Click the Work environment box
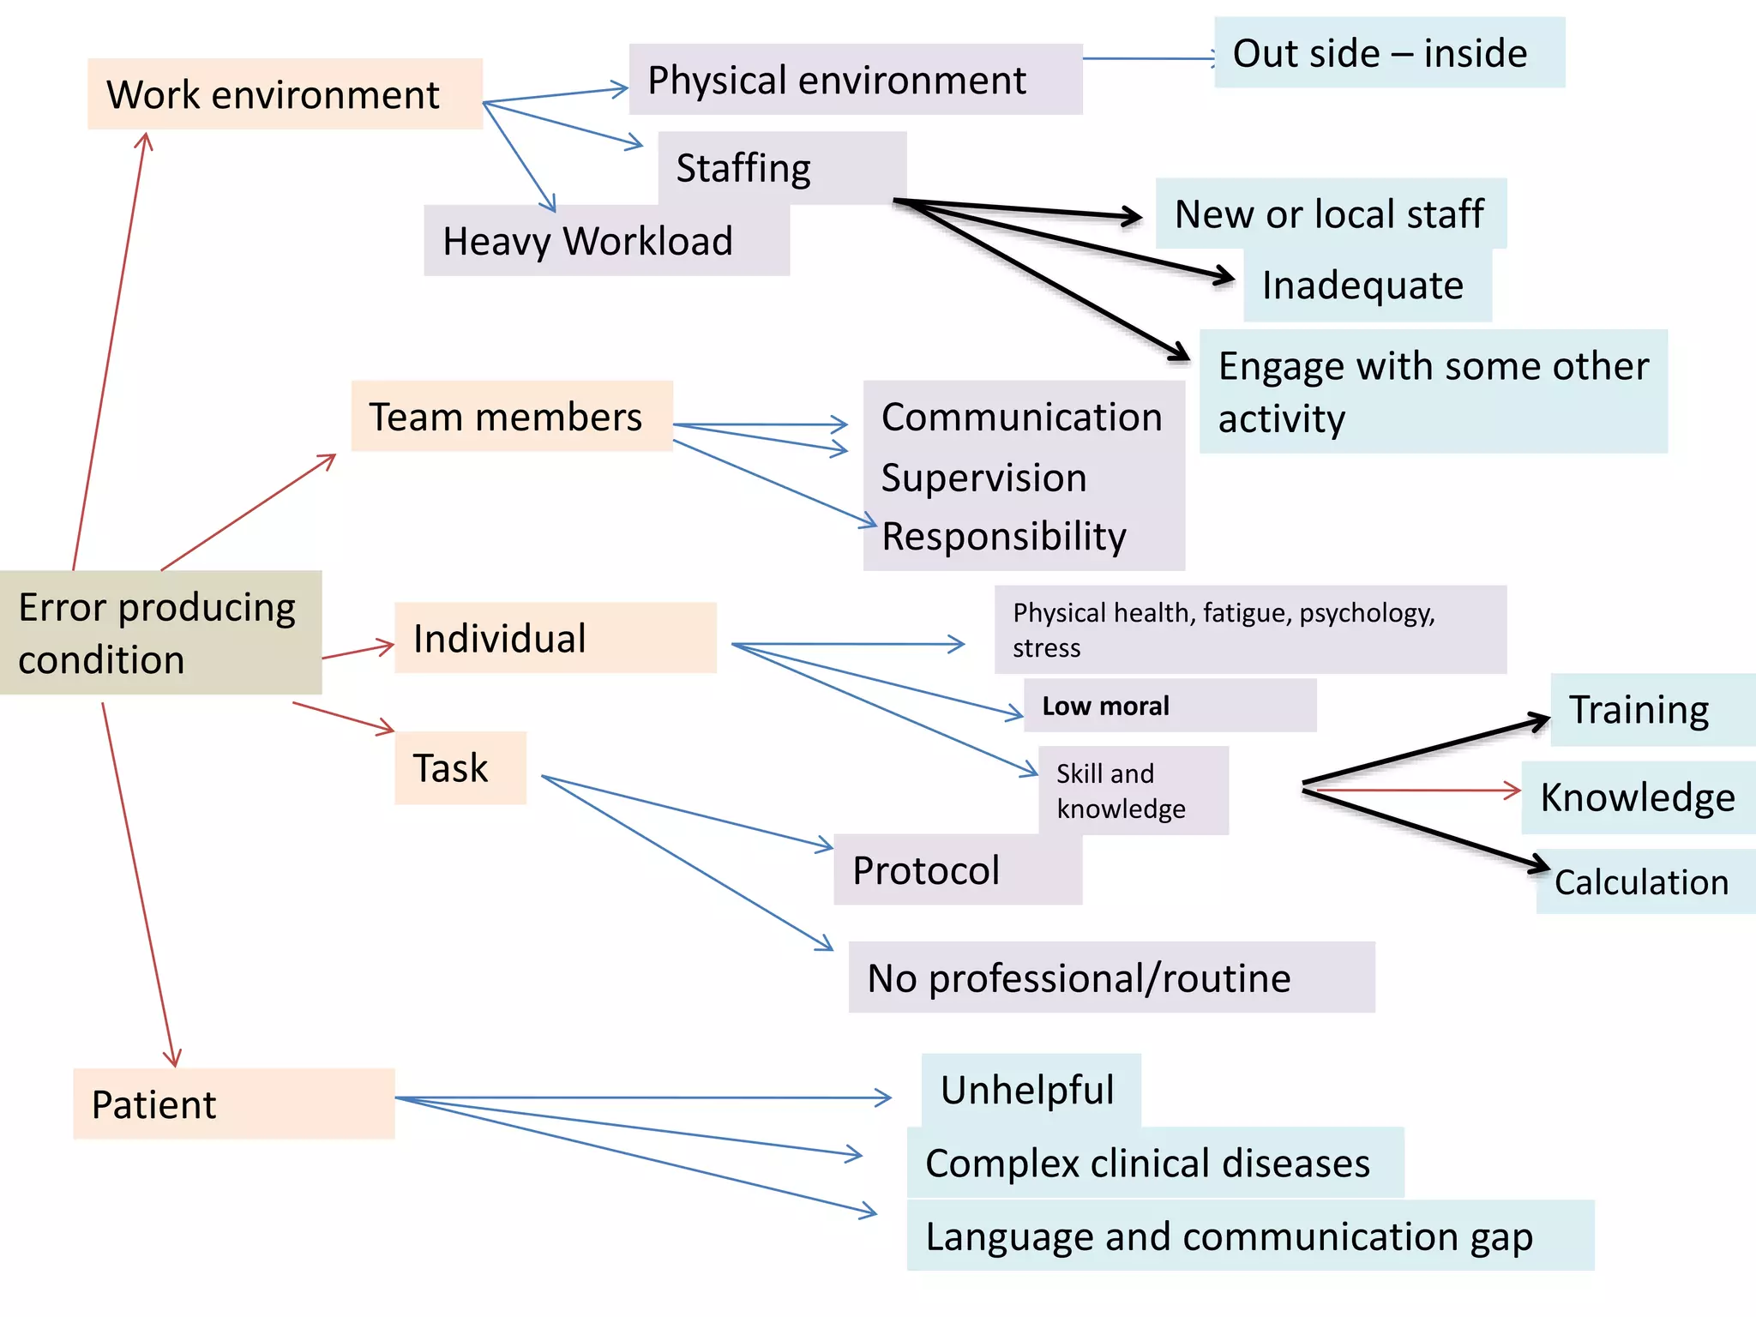[x=285, y=94]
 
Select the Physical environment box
[x=855, y=80]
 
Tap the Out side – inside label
[x=1389, y=53]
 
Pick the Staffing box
[x=781, y=167]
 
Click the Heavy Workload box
[x=605, y=241]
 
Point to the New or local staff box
[x=1330, y=213]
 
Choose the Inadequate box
[x=1367, y=286]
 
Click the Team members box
[x=511, y=417]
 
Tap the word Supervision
[x=984, y=478]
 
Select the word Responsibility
[x=1004, y=537]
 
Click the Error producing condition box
[x=160, y=633]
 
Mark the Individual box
[x=555, y=638]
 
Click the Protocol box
[x=957, y=870]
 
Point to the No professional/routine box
[x=1111, y=978]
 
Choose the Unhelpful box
[x=1031, y=1090]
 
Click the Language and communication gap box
[x=1249, y=1236]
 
